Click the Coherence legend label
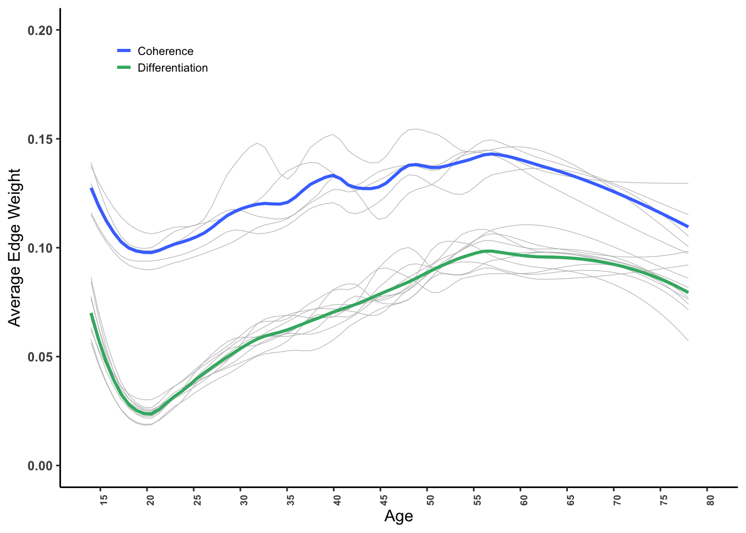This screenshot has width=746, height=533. coord(165,51)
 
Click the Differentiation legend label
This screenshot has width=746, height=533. coord(173,68)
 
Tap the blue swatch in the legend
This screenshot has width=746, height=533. coord(124,51)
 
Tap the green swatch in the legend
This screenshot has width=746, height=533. coord(124,68)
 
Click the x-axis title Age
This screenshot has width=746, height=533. coord(399,516)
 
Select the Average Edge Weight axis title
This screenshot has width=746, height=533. coord(14,248)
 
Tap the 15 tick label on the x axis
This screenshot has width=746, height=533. coord(103,500)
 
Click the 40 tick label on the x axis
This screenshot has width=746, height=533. coord(337,500)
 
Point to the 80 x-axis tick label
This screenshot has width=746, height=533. coord(710,500)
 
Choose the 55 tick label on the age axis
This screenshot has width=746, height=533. coord(477,500)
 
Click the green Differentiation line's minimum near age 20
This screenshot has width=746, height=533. coord(148,414)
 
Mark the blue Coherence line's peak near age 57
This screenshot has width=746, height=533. coord(491,154)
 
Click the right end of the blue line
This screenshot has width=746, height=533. coord(688,227)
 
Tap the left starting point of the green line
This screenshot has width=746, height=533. coord(92,314)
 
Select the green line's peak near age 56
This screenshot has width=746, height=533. coord(487,251)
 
